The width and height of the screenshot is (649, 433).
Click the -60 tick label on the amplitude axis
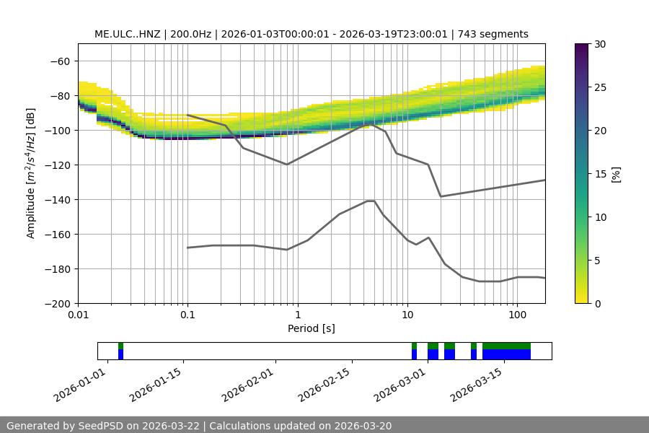pyautogui.click(x=60, y=61)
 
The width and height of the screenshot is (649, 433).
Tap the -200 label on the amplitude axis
pyautogui.click(x=58, y=304)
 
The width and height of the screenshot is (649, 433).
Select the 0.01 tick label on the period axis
pyautogui.click(x=78, y=315)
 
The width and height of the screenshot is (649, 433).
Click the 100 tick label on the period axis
pyautogui.click(x=516, y=315)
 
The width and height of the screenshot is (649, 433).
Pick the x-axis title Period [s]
pyautogui.click(x=312, y=329)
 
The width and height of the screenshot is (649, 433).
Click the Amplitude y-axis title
pyautogui.click(x=31, y=173)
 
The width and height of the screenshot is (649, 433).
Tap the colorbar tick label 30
pyautogui.click(x=599, y=45)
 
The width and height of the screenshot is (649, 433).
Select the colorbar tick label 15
pyautogui.click(x=599, y=174)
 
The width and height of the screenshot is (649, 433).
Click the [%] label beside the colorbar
pyautogui.click(x=616, y=174)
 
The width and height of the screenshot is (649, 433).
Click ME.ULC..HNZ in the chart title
pyautogui.click(x=127, y=35)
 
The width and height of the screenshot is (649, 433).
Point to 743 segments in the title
pyautogui.click(x=498, y=35)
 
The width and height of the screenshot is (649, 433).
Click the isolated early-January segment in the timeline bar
pyautogui.click(x=121, y=351)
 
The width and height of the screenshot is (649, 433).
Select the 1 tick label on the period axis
pyautogui.click(x=297, y=315)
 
